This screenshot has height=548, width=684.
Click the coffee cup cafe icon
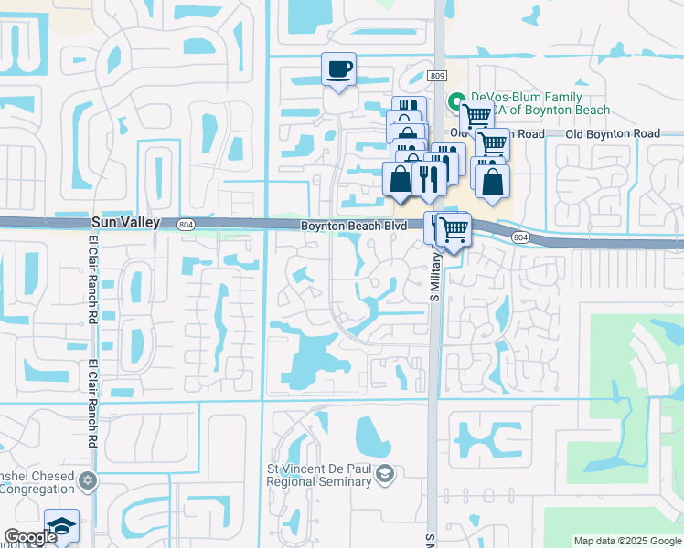tap(338, 69)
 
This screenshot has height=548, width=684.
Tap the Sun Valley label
tap(125, 222)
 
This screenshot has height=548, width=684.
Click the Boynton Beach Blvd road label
tap(354, 226)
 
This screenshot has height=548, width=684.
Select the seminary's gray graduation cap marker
tap(385, 472)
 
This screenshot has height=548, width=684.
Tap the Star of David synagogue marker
tap(87, 480)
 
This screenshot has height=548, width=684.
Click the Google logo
tap(30, 537)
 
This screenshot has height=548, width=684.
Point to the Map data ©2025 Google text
tap(626, 541)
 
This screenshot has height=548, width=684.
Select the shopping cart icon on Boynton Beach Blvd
tap(453, 228)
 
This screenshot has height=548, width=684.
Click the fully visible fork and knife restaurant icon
tap(428, 177)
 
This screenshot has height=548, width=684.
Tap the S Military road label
tap(435, 274)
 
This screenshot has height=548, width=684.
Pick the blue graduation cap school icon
tap(61, 525)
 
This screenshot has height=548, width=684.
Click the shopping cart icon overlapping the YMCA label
tap(476, 117)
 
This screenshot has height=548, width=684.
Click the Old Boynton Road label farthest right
tap(612, 133)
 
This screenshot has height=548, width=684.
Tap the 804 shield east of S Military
tap(519, 237)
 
